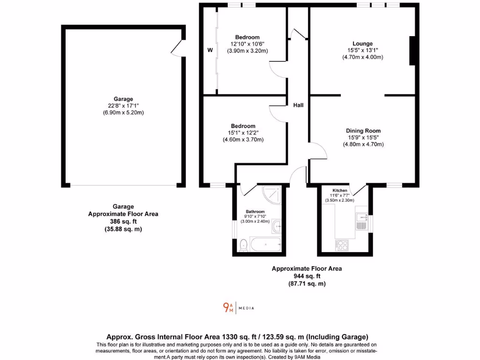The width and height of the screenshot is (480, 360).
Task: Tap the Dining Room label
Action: (363, 131)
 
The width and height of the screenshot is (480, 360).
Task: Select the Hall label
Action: (298, 105)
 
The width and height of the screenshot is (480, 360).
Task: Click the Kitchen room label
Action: (340, 190)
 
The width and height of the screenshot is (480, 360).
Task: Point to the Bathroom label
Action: (255, 211)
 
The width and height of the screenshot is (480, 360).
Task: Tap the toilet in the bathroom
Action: (243, 245)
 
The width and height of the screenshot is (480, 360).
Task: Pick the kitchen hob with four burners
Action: (341, 245)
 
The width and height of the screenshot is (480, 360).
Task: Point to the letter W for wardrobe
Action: (210, 50)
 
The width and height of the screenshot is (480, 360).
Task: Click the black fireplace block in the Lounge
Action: (413, 51)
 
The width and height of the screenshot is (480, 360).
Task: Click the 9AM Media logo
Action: (239, 308)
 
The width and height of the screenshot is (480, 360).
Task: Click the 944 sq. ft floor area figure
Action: (307, 276)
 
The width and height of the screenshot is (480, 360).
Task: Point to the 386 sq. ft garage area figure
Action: (123, 222)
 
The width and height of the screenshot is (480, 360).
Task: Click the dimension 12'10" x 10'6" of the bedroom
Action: (247, 44)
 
